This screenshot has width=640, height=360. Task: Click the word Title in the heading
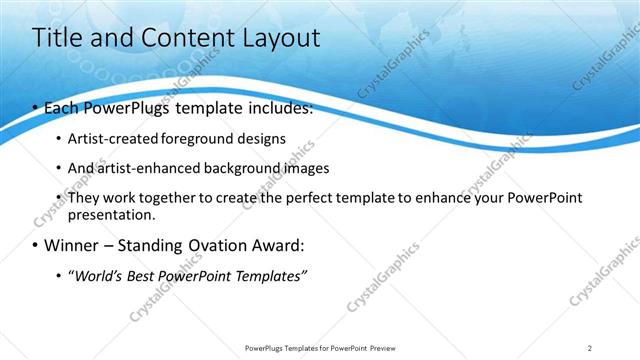[x=58, y=38]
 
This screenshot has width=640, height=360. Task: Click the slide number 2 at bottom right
[x=589, y=347]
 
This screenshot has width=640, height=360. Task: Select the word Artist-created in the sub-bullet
[x=109, y=139]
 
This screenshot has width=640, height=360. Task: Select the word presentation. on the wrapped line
[x=112, y=215]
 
